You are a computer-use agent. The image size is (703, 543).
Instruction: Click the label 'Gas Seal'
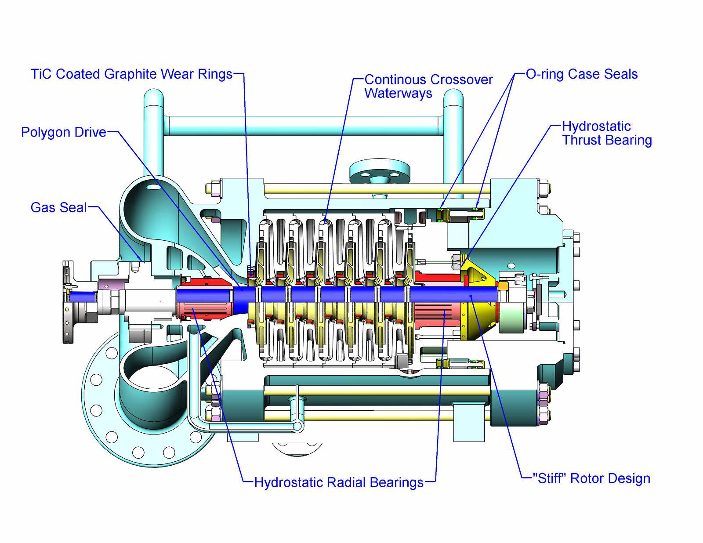click(58, 207)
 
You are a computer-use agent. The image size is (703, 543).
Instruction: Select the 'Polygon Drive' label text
click(64, 132)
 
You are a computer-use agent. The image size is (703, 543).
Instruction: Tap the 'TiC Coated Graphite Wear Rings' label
click(131, 74)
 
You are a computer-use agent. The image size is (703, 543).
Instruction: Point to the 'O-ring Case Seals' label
click(582, 74)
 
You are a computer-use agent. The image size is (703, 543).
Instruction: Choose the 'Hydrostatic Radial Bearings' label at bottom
click(339, 482)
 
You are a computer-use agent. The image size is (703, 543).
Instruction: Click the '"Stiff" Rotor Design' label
click(591, 478)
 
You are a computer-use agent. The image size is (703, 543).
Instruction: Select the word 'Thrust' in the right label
click(583, 140)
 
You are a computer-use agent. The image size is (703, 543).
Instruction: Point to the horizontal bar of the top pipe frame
click(303, 126)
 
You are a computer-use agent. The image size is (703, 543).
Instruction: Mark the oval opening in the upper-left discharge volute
click(154, 187)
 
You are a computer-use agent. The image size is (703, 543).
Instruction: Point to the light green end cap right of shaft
click(512, 316)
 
